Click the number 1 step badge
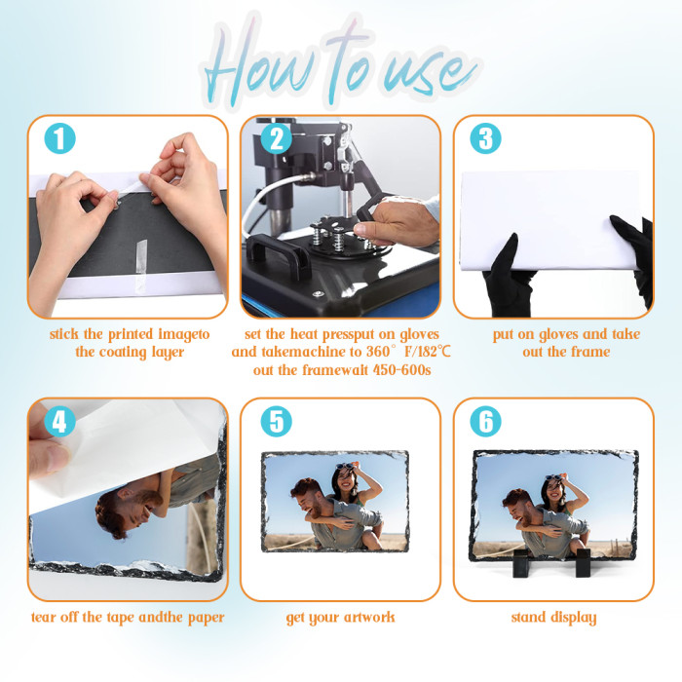(x=60, y=138)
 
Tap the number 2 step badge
(x=276, y=138)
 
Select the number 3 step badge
(x=485, y=138)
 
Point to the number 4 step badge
(x=60, y=422)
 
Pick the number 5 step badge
(x=276, y=422)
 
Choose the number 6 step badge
(x=485, y=422)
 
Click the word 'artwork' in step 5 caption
(x=369, y=617)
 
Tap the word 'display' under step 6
(x=573, y=618)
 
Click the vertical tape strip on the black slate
(x=141, y=256)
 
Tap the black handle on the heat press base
(x=278, y=254)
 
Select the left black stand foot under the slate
(x=522, y=563)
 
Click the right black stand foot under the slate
(x=584, y=563)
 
